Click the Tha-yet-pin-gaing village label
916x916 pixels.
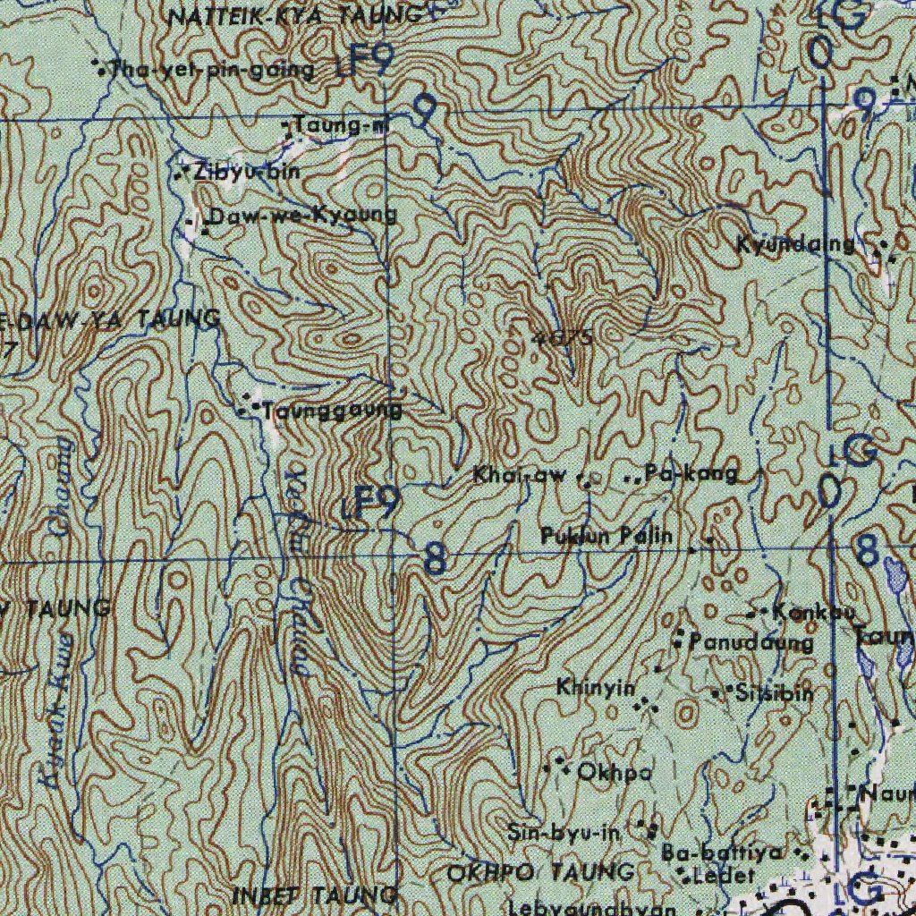[211, 70]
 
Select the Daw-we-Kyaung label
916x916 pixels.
[302, 216]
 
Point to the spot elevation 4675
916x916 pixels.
[562, 338]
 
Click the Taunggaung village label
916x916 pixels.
[331, 411]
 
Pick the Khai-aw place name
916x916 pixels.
[520, 476]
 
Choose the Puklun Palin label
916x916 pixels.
[606, 537]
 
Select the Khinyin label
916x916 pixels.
[596, 688]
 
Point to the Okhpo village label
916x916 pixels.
[614, 772]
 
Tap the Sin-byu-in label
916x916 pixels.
[564, 833]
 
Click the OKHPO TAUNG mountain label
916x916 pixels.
[541, 871]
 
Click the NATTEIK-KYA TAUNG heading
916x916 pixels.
[295, 15]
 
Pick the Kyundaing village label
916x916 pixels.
[795, 243]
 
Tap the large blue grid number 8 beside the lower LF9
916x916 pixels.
[435, 561]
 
